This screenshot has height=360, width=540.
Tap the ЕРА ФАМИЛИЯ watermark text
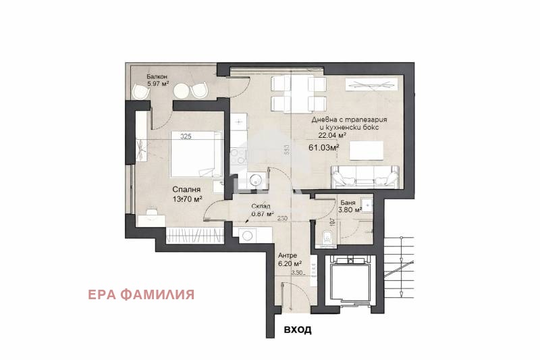[x=142, y=294]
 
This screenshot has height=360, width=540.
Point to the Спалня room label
[x=185, y=190]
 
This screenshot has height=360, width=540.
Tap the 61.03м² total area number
[x=324, y=147]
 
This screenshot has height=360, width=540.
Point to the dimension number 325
[x=186, y=136]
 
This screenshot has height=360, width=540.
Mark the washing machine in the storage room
[x=247, y=234]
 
